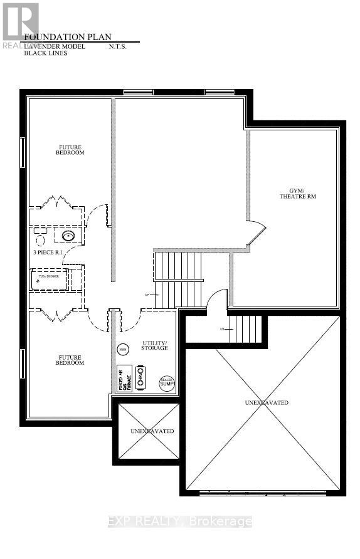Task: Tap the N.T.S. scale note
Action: coord(118,45)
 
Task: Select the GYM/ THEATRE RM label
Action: coord(292,193)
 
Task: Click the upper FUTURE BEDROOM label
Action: coord(70,150)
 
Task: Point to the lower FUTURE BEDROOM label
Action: coord(70,360)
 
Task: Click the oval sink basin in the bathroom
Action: coord(68,236)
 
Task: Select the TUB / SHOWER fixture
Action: coord(49,279)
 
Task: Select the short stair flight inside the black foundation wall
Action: coord(245,329)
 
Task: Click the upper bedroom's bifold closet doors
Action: coord(58,203)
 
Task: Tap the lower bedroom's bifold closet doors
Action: coord(58,315)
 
